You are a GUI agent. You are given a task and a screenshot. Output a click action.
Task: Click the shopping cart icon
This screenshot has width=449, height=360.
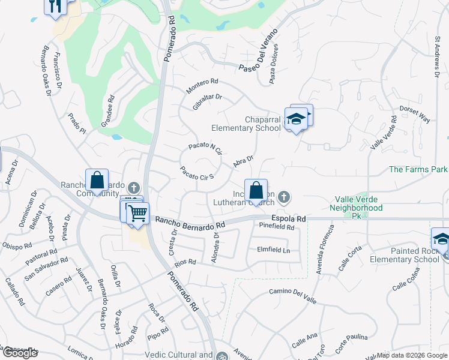[138, 213]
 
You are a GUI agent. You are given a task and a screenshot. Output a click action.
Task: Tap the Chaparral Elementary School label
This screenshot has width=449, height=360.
[246, 124]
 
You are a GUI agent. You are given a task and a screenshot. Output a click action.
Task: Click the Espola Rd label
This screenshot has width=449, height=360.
[289, 219]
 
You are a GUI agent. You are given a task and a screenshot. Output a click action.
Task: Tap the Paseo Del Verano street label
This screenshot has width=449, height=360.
[261, 53]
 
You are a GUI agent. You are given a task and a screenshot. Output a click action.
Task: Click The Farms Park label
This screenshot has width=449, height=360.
[418, 170]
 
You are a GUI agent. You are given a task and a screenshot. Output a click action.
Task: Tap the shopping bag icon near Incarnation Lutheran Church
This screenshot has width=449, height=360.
[256, 190]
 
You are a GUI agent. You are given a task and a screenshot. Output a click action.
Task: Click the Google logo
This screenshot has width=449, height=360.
[19, 353]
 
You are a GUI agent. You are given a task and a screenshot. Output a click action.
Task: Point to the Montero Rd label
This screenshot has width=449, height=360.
[202, 86]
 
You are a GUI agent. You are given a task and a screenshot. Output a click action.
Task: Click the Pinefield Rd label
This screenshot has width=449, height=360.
[277, 227]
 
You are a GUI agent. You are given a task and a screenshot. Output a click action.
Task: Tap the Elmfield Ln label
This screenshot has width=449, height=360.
[273, 250]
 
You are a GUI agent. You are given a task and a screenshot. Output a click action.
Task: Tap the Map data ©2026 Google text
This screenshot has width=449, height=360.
[412, 355]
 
